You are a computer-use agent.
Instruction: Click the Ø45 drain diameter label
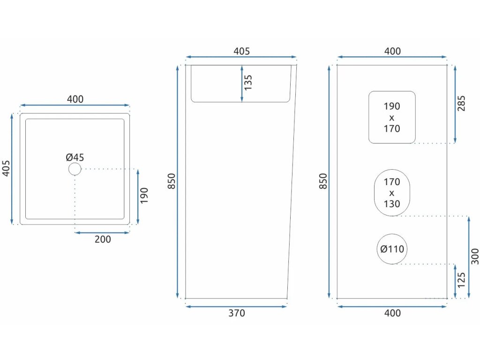[75, 157]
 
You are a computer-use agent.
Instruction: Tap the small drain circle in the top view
[75, 169]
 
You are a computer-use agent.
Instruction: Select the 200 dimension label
[103, 240]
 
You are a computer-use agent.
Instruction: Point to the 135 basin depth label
[248, 82]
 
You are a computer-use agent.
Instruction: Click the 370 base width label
[237, 313]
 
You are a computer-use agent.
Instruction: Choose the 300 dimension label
[474, 256]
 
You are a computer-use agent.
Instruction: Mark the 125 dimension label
[462, 280]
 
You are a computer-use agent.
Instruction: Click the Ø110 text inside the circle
[392, 249]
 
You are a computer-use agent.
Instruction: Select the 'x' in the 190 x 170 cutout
[392, 118]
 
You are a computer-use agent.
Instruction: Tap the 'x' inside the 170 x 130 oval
[392, 193]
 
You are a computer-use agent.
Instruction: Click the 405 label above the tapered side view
[241, 52]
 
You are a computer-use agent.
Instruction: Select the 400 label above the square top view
[75, 99]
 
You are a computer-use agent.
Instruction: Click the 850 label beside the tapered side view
[172, 181]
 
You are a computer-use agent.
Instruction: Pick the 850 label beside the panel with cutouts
[323, 181]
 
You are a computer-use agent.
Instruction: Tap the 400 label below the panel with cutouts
[392, 313]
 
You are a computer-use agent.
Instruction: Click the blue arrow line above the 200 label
[102, 232]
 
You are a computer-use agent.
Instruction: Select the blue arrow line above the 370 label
[236, 307]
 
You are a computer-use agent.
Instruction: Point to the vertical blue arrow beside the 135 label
[241, 83]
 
